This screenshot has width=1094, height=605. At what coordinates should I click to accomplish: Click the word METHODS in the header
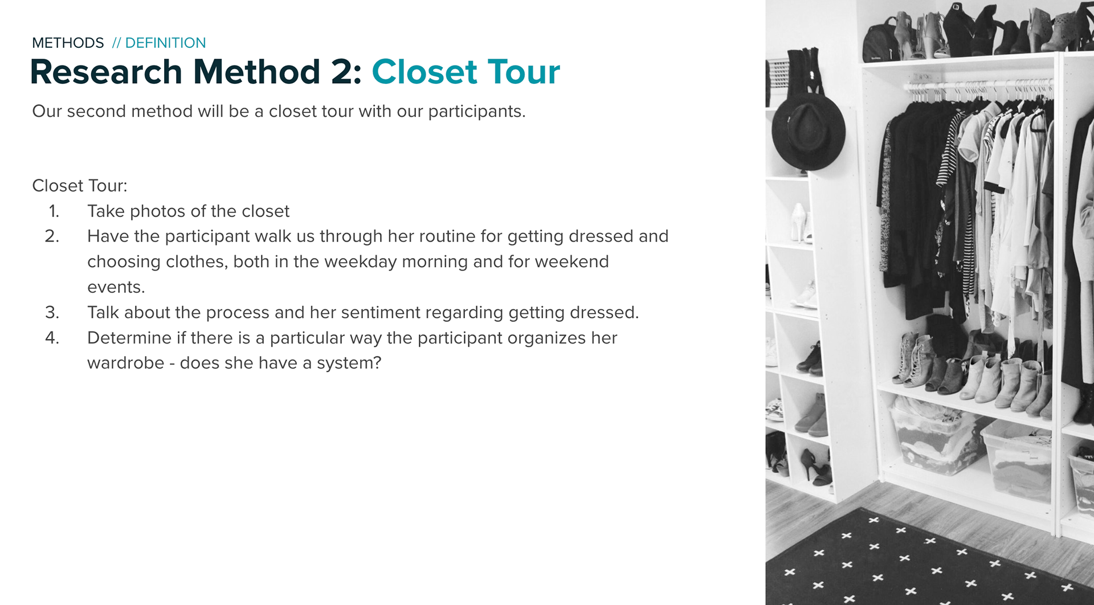[x=68, y=43]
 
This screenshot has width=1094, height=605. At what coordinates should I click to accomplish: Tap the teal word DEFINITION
[x=165, y=43]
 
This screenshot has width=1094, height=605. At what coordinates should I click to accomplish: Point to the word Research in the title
[x=106, y=72]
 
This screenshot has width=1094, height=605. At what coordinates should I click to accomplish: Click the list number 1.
[x=54, y=211]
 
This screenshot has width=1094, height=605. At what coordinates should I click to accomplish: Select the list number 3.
[x=52, y=313]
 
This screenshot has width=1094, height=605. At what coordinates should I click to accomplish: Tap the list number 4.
[x=52, y=338]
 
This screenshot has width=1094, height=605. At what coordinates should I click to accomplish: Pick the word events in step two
[x=116, y=287]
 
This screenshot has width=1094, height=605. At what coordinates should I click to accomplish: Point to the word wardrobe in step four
[x=125, y=363]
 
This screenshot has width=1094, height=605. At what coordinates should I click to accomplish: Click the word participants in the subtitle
[x=476, y=112]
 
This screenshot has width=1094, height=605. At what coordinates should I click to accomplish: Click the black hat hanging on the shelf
[x=807, y=132]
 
